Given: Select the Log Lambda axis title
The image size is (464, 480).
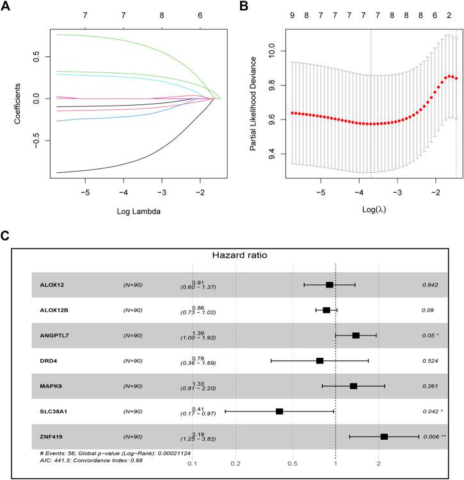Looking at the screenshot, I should pos(124,209).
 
